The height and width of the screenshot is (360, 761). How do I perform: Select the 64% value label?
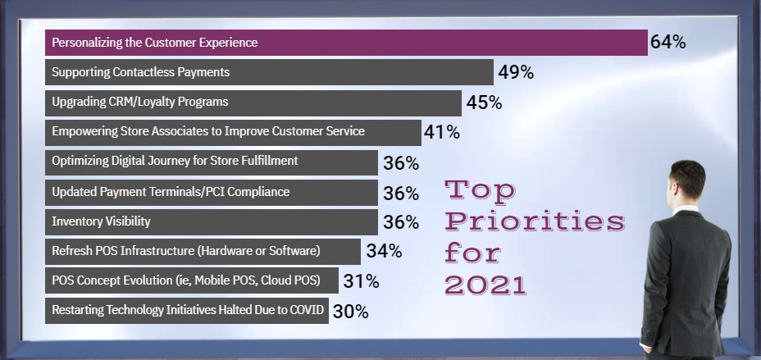coord(668,42)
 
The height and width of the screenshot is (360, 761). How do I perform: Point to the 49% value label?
coord(516,72)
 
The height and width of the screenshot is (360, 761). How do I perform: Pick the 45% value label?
coord(484,103)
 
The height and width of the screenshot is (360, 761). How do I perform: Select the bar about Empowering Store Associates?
coord(233,132)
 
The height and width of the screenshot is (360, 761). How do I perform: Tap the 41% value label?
coord(442,132)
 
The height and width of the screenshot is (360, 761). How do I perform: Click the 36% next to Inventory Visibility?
coord(401,222)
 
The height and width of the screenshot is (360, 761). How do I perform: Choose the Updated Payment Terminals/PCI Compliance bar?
coord(212,192)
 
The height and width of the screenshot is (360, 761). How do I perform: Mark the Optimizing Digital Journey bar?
coord(212,162)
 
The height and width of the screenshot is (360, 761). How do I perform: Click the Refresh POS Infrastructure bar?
coord(203,251)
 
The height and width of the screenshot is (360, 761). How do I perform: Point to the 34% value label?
coord(384,251)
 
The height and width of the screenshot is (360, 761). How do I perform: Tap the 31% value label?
coord(361,281)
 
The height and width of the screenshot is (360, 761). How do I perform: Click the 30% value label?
coord(350,312)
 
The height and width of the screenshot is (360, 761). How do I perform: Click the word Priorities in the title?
coord(535,221)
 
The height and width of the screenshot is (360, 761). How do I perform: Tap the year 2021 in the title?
coord(485,284)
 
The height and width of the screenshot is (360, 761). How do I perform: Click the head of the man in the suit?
coord(687,183)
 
